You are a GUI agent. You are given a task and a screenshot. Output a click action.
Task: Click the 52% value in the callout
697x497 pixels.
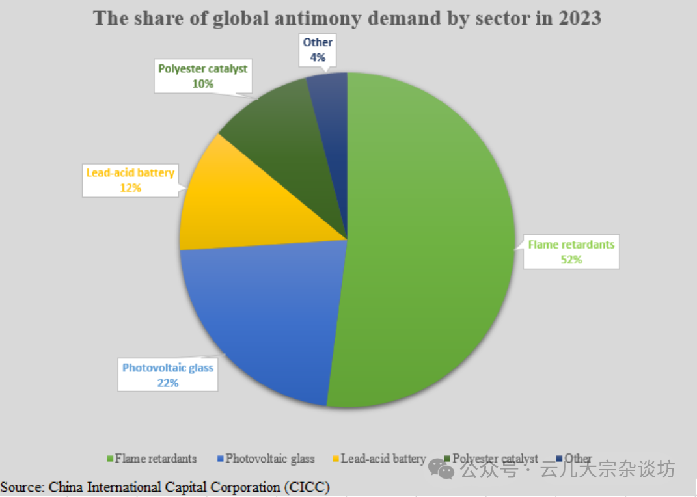coord(571,259)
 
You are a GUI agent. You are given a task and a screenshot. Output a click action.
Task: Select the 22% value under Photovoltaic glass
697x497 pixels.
coord(167,383)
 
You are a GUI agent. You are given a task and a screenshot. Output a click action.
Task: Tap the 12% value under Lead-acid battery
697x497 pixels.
coord(130,187)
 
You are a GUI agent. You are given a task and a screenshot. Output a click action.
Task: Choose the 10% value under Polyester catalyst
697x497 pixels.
coord(203,83)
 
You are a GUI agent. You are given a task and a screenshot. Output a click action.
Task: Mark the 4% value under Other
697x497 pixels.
coord(318,57)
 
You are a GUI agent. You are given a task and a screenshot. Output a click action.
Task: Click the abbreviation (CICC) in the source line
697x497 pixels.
coord(306,487)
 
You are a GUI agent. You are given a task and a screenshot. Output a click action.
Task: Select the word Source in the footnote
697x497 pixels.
coord(22,487)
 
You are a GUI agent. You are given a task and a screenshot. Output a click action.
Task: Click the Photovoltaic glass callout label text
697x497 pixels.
coord(168,368)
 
